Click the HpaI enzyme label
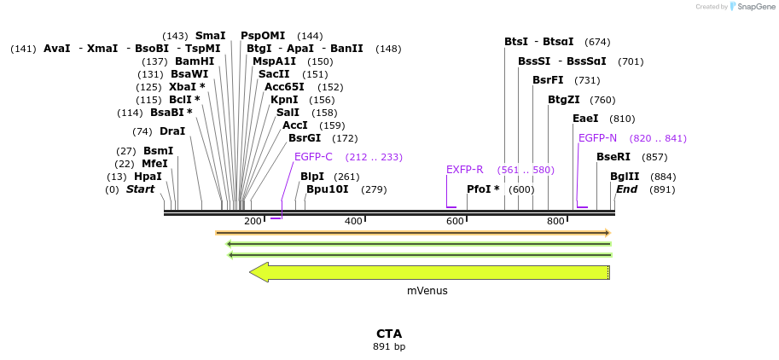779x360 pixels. coord(148,177)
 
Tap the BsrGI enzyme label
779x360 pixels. coord(305,138)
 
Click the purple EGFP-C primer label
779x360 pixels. coord(313,157)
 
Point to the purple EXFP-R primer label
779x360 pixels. coord(465,170)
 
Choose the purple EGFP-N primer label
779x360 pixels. coord(597,138)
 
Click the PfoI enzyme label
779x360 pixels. coord(483,189)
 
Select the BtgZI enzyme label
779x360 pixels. coord(564,100)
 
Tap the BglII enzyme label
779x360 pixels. coord(625,177)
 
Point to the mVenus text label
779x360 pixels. coord(427,291)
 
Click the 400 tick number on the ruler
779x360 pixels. coord(353,221)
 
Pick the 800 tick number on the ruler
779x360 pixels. coord(555,221)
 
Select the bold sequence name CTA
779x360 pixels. coord(389,334)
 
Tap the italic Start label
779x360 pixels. coord(141,189)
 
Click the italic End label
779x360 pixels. coord(626,189)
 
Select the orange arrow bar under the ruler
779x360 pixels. coord(413,232)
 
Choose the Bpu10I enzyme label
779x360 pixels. coord(328,189)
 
